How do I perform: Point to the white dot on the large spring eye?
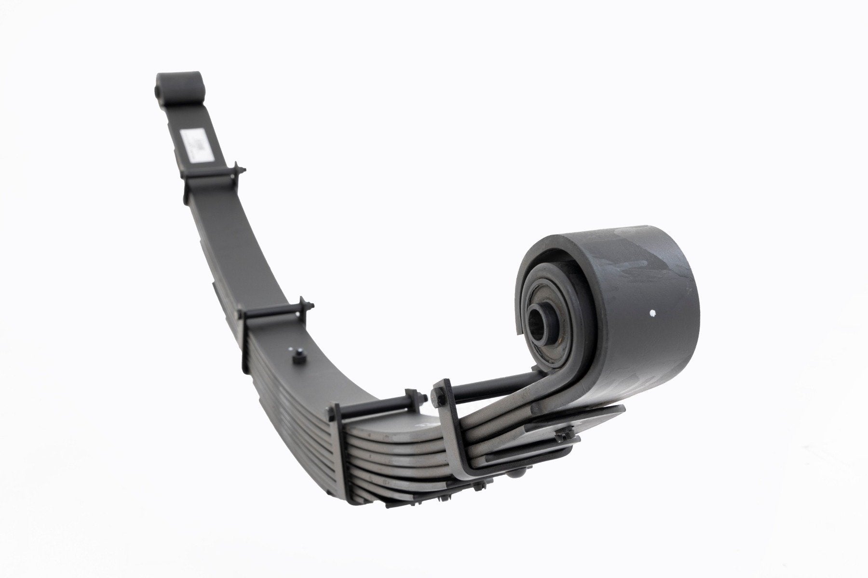651,314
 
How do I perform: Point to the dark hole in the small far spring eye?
159,90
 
